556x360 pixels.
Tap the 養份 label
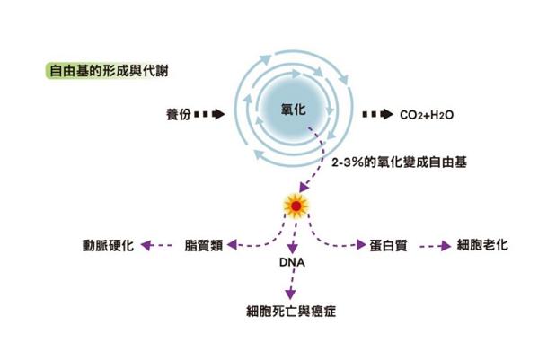coord(178,116)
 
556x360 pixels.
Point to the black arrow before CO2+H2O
coord(376,116)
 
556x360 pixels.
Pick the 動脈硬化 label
coord(107,244)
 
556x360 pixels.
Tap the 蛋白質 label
coord(387,244)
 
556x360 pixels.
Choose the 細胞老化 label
coord(482,244)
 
